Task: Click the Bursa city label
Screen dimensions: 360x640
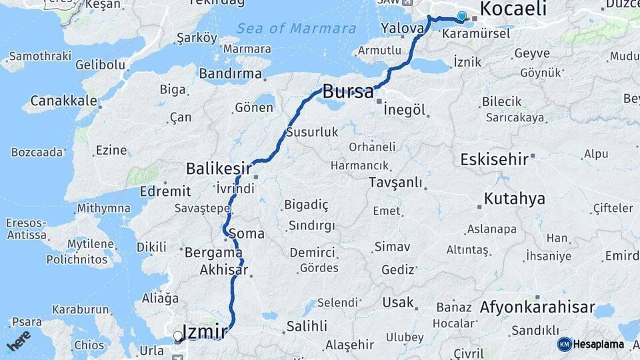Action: (347, 91)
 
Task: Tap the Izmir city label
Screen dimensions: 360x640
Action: (207, 331)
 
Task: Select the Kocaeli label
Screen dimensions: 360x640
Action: (513, 9)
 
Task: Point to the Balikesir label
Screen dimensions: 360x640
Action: (219, 167)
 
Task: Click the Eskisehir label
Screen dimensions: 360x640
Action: (495, 159)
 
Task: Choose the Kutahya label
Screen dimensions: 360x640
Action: (514, 199)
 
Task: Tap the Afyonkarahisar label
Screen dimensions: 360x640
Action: (537, 307)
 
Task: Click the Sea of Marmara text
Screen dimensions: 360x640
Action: (296, 29)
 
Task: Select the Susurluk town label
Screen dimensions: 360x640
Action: (312, 132)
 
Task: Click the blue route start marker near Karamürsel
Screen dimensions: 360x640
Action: (461, 16)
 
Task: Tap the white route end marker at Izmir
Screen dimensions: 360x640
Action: (177, 337)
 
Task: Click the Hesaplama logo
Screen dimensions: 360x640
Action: (591, 344)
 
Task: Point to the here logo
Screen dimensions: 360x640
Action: (18, 341)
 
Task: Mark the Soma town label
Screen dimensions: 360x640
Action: (246, 234)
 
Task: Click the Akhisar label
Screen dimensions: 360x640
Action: (224, 270)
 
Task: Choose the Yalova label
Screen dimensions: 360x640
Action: (402, 29)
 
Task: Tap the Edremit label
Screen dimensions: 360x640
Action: (165, 191)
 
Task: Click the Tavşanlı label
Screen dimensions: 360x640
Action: (395, 182)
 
